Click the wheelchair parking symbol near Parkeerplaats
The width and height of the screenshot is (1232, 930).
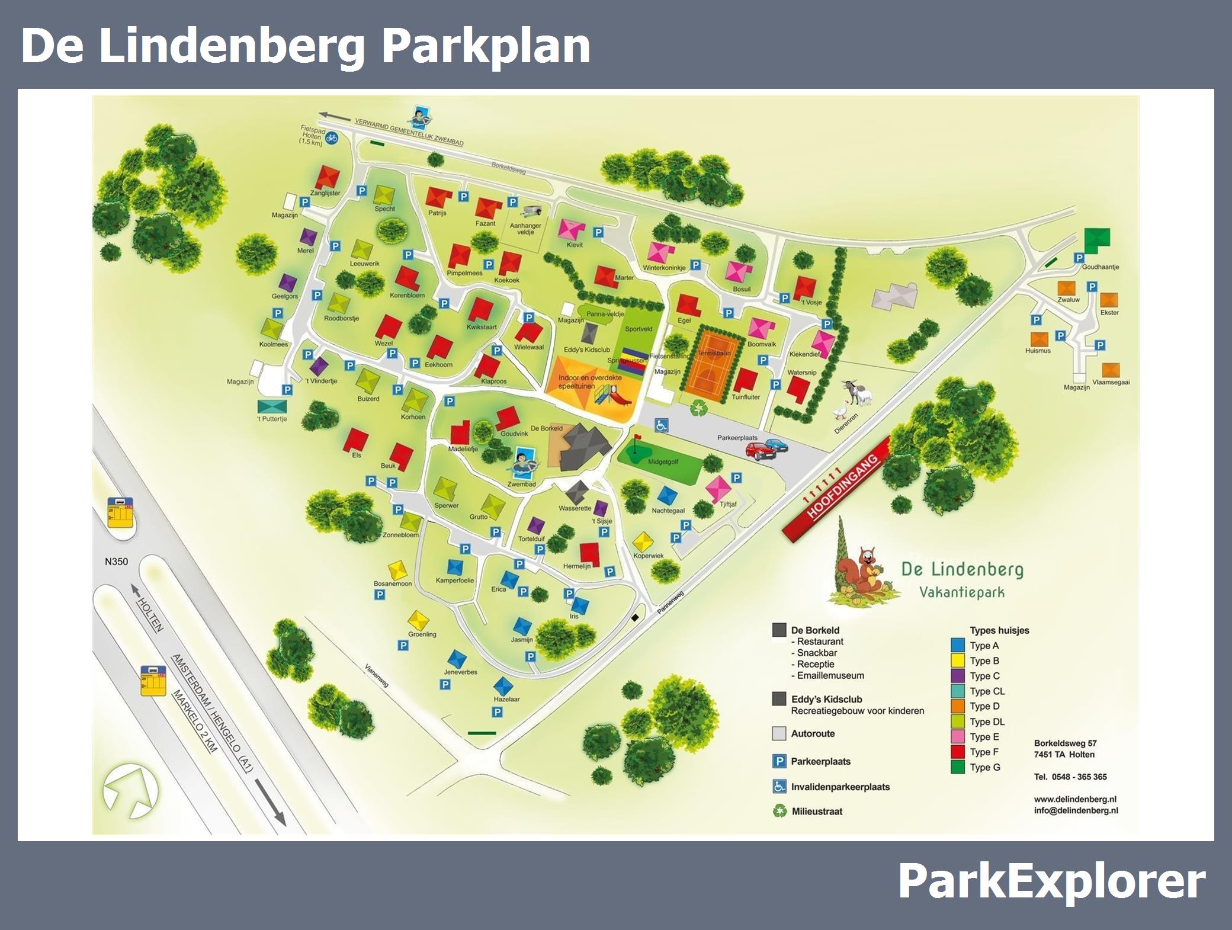coord(661,425)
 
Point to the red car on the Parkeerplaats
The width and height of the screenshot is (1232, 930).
coord(760,452)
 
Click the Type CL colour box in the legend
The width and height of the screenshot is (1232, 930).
coord(958,691)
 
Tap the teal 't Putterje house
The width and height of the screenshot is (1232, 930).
coord(272,406)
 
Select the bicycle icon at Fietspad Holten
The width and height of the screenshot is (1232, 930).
coord(331,138)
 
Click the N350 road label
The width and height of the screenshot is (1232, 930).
coord(116,562)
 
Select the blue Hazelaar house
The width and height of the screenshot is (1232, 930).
coord(503,686)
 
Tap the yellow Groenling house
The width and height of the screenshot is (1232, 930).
coord(418,621)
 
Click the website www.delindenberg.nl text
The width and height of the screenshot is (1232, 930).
coord(1075,799)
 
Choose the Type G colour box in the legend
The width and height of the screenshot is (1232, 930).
coord(958,767)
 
